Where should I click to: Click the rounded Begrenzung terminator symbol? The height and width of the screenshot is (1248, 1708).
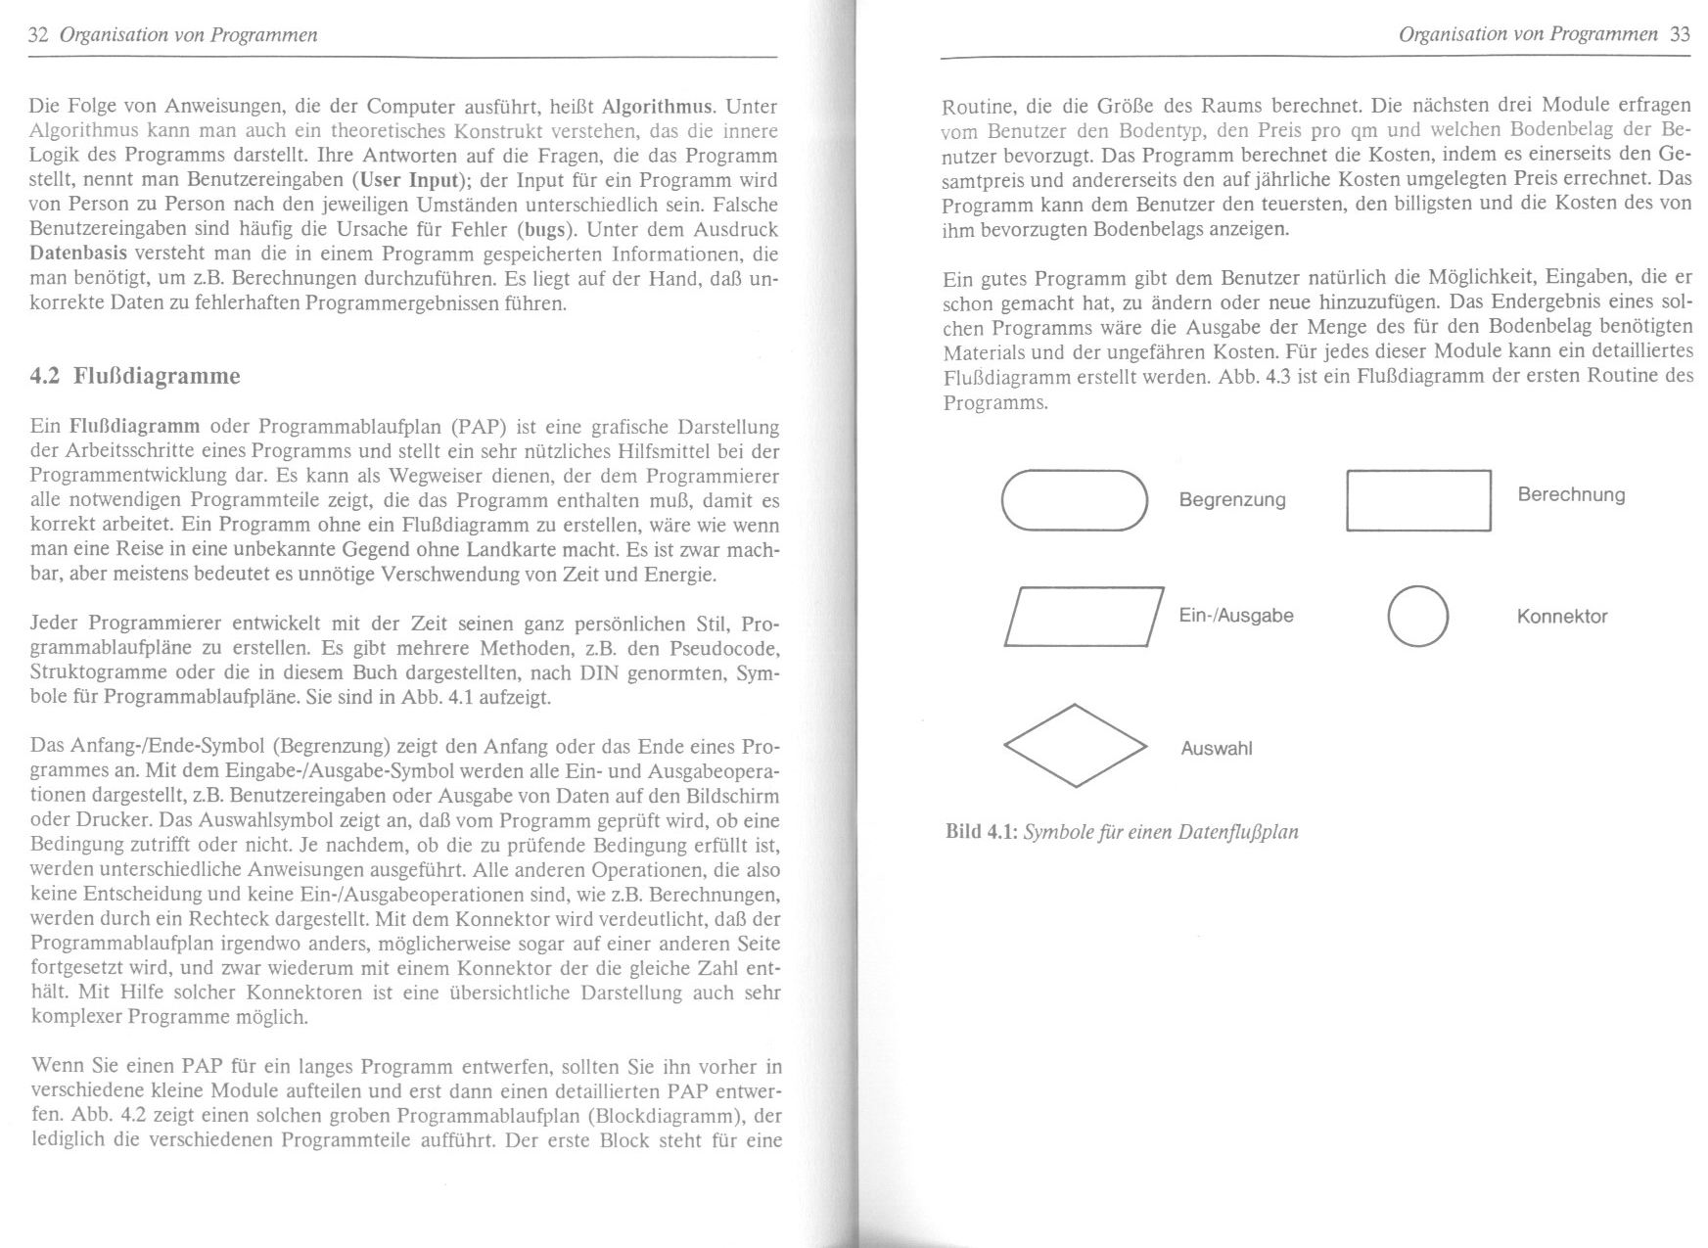click(x=1074, y=500)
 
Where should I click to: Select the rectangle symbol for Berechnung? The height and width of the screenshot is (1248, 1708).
click(x=1418, y=500)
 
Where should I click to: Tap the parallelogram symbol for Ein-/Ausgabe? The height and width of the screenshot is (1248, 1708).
click(x=1084, y=617)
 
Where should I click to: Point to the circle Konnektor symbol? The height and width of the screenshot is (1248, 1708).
click(x=1417, y=617)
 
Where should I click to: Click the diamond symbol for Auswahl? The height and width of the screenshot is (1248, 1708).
click(x=1075, y=746)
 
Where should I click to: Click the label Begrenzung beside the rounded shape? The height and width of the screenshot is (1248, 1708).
click(x=1231, y=500)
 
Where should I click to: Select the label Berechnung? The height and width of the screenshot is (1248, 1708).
click(x=1570, y=494)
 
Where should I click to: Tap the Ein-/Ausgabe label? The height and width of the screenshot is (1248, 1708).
click(x=1235, y=616)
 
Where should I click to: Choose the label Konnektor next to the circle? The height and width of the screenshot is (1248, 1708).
click(x=1561, y=617)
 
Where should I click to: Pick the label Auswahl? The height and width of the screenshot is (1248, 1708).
click(x=1216, y=749)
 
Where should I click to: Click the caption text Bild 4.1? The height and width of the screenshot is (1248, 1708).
click(x=981, y=832)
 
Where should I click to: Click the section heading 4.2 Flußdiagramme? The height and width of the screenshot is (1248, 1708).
click(x=135, y=376)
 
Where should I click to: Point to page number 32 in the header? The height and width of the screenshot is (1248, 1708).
click(x=39, y=35)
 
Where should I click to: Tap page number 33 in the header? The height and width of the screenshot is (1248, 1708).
click(x=1680, y=34)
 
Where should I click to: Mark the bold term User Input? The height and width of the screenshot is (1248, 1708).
click(x=409, y=180)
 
